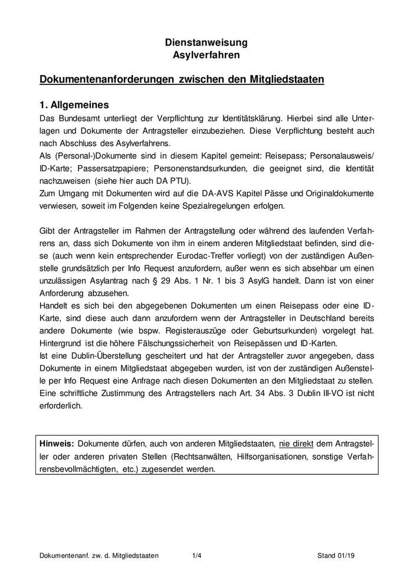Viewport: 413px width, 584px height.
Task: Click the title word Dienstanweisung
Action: pos(206,42)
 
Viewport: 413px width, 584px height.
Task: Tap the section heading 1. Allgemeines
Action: pos(74,105)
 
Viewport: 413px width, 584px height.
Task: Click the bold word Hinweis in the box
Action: pos(56,443)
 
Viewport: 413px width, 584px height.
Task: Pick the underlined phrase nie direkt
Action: pos(297,443)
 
